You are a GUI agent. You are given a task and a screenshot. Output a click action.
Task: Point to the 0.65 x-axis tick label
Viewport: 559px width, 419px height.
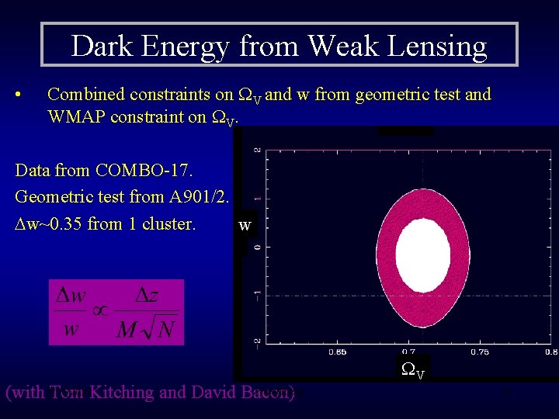337,351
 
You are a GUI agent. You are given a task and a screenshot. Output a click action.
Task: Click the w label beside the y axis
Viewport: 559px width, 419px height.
245,225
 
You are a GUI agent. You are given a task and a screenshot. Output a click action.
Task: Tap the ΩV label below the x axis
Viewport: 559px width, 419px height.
411,370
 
